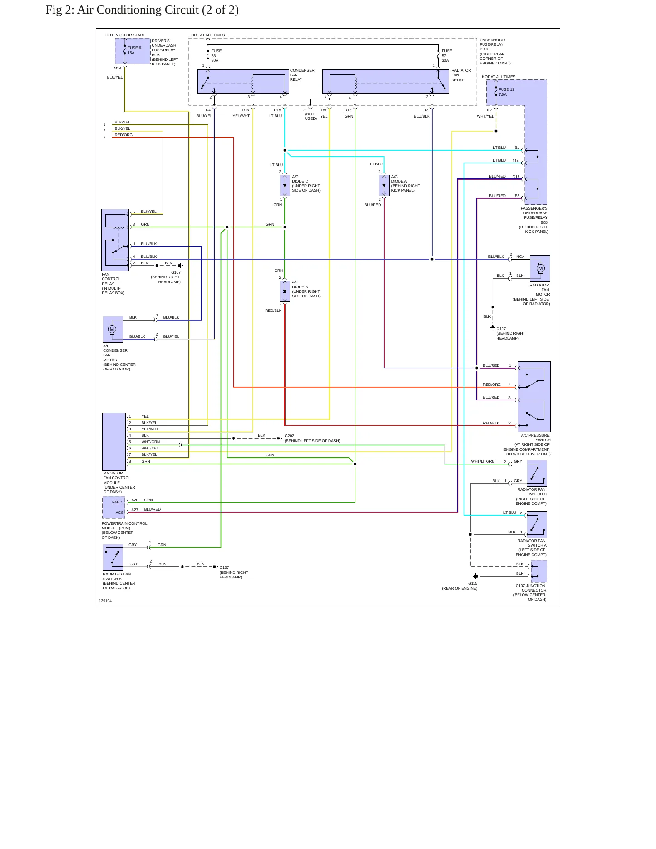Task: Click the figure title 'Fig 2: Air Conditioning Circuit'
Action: (123, 10)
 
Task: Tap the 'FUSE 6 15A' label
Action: (134, 50)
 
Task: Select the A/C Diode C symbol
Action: (285, 186)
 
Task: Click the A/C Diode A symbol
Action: (384, 186)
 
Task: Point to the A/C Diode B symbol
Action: (285, 291)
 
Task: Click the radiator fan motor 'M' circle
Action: (540, 268)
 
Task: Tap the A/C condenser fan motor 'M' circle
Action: (112, 329)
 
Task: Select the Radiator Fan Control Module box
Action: (114, 442)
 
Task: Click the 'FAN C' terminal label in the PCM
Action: (118, 502)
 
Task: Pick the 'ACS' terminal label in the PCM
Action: (119, 513)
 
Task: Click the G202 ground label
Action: (289, 436)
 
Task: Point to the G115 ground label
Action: (473, 583)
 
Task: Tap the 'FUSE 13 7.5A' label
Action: (506, 92)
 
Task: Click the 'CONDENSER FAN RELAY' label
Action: (302, 75)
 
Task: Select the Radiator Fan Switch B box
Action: (113, 557)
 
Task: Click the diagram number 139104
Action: (105, 601)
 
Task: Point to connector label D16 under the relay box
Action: (245, 110)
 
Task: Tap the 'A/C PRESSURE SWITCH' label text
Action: (536, 438)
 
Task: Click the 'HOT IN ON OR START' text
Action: (125, 35)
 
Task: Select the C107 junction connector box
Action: (539, 571)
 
